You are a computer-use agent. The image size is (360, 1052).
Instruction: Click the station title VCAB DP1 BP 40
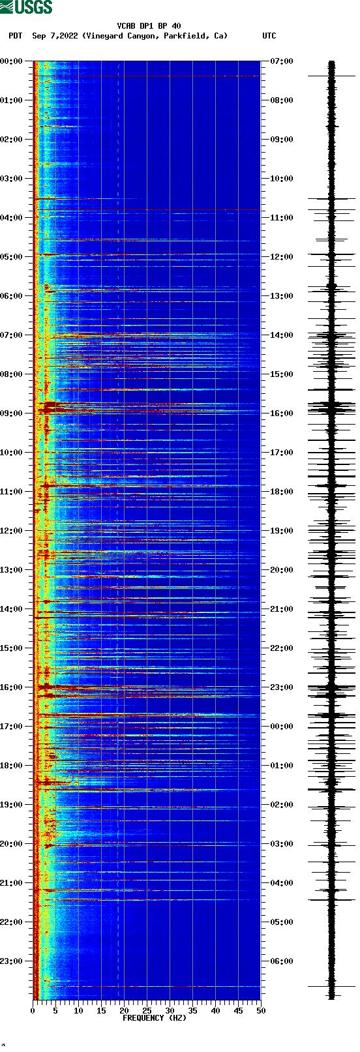(x=149, y=26)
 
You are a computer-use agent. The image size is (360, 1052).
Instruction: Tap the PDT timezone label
(x=15, y=36)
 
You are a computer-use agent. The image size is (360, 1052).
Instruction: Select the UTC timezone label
(x=269, y=36)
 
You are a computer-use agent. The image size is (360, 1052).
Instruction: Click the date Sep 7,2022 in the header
(x=55, y=36)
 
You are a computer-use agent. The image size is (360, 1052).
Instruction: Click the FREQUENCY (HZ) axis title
(x=154, y=1017)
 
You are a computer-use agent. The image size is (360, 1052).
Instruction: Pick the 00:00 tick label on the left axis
(x=11, y=61)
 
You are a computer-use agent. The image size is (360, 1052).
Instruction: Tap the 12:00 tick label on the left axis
(x=11, y=531)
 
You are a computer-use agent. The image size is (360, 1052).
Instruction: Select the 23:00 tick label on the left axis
(x=11, y=961)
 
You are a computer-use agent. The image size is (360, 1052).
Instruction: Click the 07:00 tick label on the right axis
(x=281, y=61)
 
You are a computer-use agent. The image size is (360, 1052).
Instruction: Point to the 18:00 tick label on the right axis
(x=281, y=492)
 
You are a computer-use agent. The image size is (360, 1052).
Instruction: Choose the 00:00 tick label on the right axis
(x=281, y=727)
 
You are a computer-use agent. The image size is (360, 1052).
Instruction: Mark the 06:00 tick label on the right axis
(x=281, y=961)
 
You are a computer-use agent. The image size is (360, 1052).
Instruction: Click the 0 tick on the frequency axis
(x=33, y=1010)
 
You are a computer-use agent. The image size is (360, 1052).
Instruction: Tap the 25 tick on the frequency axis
(x=147, y=1010)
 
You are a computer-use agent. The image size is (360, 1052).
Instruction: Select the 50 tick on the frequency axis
(x=261, y=1010)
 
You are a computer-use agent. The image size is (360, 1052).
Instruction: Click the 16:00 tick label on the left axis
(x=11, y=687)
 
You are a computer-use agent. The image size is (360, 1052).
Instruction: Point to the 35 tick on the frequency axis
(x=192, y=1010)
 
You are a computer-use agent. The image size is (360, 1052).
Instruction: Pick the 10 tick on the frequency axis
(x=78, y=1010)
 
